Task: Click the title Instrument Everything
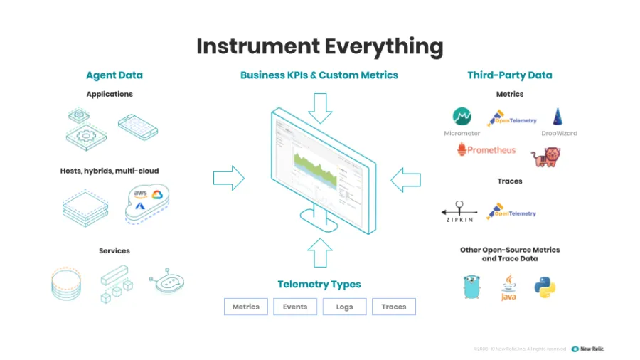pos(319,46)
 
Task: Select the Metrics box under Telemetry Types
pos(246,307)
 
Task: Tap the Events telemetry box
pos(294,307)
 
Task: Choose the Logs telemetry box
pos(344,307)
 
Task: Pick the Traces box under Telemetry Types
pos(393,307)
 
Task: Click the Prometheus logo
pos(487,150)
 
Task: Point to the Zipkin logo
pos(459,211)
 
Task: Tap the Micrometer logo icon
pos(462,117)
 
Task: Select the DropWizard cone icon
pos(559,117)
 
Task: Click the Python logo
pos(545,287)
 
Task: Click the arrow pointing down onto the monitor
pos(320,107)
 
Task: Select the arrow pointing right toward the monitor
pos(228,178)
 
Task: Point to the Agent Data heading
pos(114,75)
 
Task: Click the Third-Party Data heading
pos(509,75)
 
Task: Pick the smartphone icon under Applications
pos(138,127)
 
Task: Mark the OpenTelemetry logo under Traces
pos(511,211)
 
